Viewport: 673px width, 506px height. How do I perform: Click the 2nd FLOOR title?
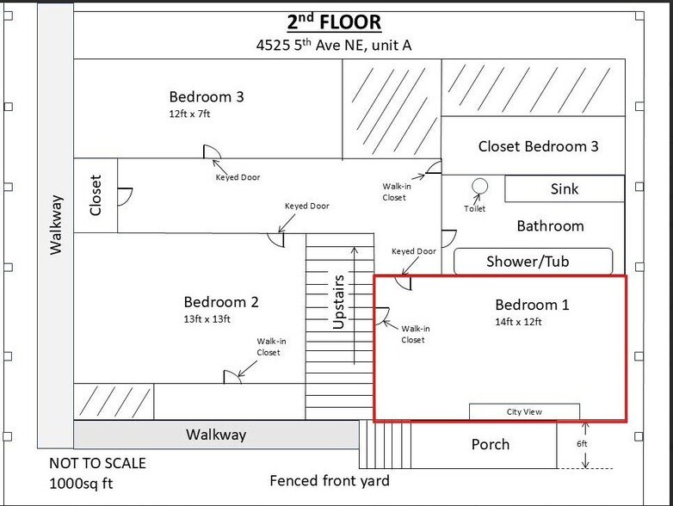(x=334, y=22)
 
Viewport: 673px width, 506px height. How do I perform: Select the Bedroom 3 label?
(x=207, y=96)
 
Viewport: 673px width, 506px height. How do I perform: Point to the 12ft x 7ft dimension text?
(x=189, y=114)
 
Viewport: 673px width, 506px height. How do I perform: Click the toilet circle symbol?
(x=480, y=186)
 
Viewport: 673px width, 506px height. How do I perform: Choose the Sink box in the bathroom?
(x=565, y=188)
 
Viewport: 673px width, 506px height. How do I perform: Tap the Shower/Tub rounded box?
(x=533, y=261)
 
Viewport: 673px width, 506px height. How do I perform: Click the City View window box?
(x=524, y=411)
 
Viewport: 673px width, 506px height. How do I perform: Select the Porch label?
(x=491, y=444)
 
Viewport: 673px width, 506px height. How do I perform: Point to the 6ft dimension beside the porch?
(x=582, y=444)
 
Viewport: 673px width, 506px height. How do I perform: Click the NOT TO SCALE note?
(x=97, y=463)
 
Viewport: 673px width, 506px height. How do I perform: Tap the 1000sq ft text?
(x=81, y=484)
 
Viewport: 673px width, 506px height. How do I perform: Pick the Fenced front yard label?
(x=330, y=481)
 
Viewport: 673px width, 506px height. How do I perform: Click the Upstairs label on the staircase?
(x=338, y=302)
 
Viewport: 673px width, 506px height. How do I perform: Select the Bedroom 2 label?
(x=221, y=302)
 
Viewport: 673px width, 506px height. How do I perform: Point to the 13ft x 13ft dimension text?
(x=207, y=319)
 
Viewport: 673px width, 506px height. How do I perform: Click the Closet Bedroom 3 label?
(x=538, y=146)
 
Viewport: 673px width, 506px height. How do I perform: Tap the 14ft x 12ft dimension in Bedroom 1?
(x=518, y=322)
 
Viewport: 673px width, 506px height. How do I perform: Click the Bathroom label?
(x=550, y=225)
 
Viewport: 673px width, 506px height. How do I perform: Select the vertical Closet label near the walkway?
(x=96, y=195)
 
